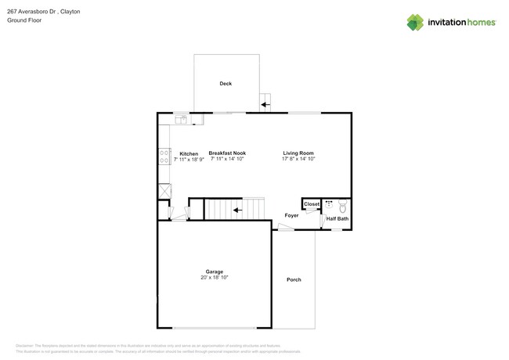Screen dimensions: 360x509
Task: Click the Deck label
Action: (226, 84)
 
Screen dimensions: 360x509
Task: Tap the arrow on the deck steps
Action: (265, 104)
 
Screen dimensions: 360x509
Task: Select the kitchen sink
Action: (181, 120)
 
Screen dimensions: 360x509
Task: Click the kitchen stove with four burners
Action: (164, 156)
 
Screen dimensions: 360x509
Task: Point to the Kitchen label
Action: (189, 153)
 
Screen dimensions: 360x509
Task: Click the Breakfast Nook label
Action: (227, 153)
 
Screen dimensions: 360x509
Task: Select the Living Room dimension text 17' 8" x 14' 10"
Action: (298, 159)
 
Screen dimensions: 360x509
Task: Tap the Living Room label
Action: (298, 153)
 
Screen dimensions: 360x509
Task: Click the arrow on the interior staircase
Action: (237, 210)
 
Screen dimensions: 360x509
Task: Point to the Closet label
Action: (312, 204)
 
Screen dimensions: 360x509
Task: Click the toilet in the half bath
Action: (342, 207)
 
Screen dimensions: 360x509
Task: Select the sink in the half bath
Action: (329, 205)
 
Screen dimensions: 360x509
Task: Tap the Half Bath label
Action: (338, 219)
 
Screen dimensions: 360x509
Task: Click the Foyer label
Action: (291, 215)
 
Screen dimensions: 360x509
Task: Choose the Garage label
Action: (215, 272)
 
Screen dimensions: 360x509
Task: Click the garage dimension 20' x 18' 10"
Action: (215, 277)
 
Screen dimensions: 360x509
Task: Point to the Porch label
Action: (294, 279)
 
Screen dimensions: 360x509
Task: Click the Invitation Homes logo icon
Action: (415, 22)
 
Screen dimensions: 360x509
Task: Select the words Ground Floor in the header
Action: (24, 20)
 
